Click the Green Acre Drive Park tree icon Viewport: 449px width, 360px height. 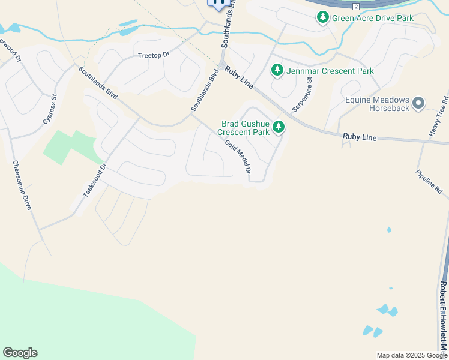pos(323,18)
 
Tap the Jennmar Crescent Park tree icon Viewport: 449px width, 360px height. pos(277,71)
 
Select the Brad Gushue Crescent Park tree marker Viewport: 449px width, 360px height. pos(278,127)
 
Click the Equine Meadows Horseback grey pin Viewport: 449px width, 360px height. pos(418,103)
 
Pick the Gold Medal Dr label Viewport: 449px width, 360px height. pos(238,157)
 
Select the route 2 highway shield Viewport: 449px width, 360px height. pos(355,6)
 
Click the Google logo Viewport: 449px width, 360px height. pos(20,353)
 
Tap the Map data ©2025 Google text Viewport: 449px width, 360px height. pos(411,355)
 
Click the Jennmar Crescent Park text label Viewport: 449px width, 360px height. pos(330,71)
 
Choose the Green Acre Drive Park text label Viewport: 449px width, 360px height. pos(373,18)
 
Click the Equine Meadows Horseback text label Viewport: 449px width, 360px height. pos(378,104)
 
